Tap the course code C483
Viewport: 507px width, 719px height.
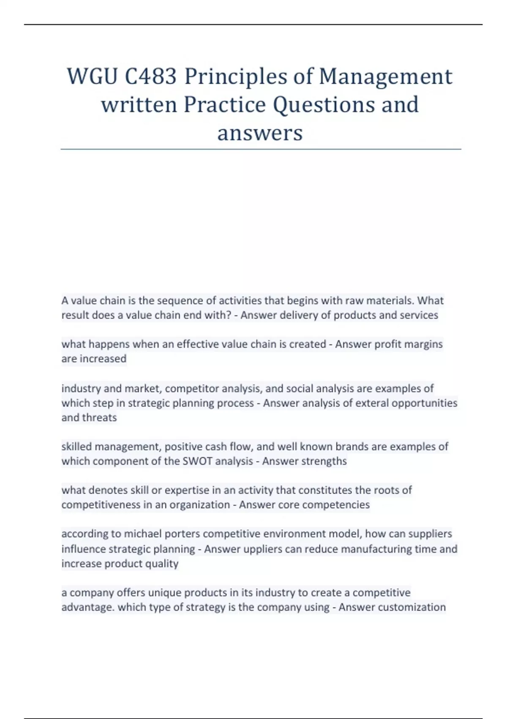point(150,77)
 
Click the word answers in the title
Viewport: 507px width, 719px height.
point(260,133)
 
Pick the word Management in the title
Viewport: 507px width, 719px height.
point(385,77)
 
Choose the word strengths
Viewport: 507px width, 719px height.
point(324,461)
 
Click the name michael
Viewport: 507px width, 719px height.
point(143,534)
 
